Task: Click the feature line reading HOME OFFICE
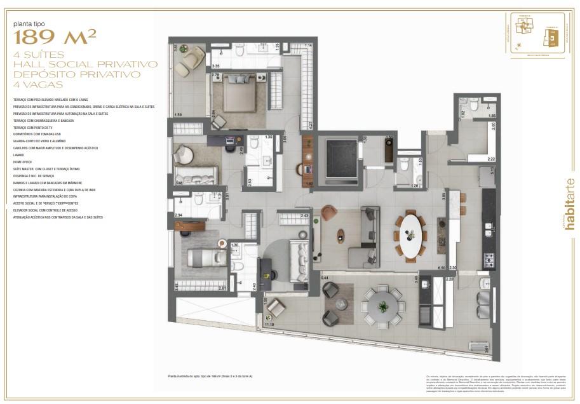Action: [x=22, y=161]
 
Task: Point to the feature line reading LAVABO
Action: [x=18, y=154]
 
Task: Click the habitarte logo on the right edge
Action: [x=569, y=209]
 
